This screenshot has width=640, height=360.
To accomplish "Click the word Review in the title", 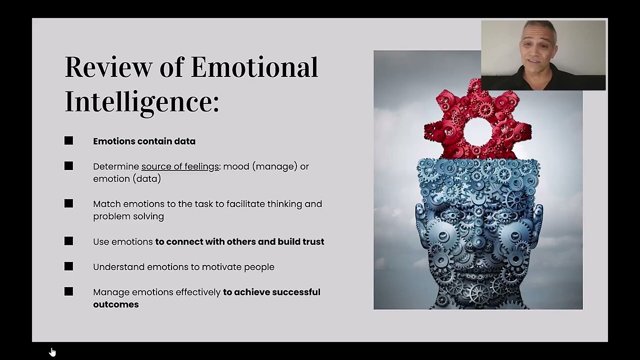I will [x=108, y=67].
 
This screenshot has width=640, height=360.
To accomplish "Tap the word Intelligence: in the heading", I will [x=142, y=101].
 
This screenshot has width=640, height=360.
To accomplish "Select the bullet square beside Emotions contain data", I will [x=68, y=141].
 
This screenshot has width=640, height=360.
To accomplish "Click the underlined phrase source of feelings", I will [x=180, y=166].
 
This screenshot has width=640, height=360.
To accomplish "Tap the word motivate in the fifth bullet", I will [x=223, y=267].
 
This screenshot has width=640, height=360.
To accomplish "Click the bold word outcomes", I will [x=115, y=304].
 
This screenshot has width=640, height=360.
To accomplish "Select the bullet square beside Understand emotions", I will [x=68, y=266].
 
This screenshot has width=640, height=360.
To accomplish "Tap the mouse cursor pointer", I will [x=52, y=351].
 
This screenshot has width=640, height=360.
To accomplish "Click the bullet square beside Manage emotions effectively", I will [x=68, y=291].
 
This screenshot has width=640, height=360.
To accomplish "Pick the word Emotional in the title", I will [x=254, y=67].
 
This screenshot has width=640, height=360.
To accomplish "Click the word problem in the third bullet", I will [x=109, y=216].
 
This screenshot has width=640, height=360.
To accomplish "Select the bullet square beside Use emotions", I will [x=68, y=241].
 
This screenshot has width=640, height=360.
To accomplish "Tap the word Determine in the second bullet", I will [x=116, y=166].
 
